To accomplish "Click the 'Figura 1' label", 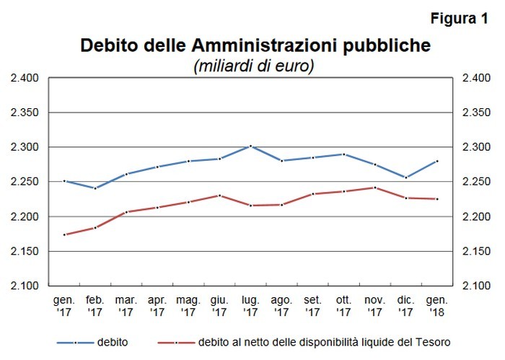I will coord(458,19).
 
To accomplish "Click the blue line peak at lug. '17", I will coord(250,146).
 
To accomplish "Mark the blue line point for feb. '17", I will coord(95,188).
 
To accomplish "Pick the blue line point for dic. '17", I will coord(406,177).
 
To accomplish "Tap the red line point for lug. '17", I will coord(250,206).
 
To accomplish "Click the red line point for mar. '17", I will coord(126,212).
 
